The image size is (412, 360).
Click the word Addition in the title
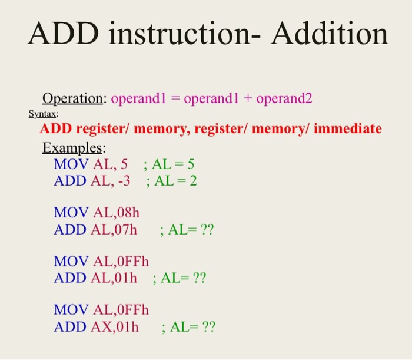click(330, 34)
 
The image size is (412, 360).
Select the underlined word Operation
click(72, 99)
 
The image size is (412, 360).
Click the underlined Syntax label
click(42, 114)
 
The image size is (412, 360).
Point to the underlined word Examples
click(72, 148)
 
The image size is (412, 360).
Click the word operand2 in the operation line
click(284, 99)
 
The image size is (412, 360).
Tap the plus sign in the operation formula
click(248, 99)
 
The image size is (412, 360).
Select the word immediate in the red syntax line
click(348, 128)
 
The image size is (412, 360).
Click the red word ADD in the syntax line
click(56, 128)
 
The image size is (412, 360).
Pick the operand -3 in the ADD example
click(124, 181)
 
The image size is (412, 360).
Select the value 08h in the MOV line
click(128, 213)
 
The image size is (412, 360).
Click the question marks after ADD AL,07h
click(207, 230)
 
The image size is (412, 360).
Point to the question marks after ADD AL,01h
click(200, 278)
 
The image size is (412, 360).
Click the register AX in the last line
click(102, 327)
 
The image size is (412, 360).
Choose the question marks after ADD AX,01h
click(208, 327)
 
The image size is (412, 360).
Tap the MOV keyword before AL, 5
click(71, 164)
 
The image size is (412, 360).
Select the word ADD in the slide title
click(63, 34)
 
